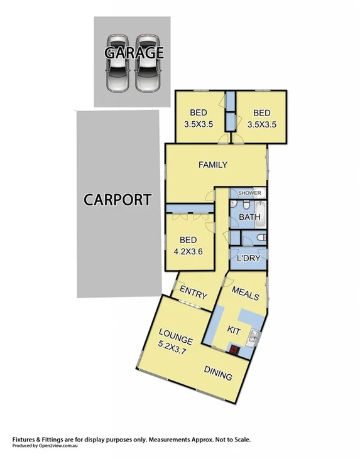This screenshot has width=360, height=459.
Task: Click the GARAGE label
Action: coord(134,53)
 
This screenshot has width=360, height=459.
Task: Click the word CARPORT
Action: coord(117,200)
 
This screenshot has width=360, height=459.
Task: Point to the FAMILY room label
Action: coord(212,165)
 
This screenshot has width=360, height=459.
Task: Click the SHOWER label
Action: coord(249,193)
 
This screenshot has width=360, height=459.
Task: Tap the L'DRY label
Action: coord(248,258)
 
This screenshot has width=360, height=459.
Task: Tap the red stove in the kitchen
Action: coord(235,350)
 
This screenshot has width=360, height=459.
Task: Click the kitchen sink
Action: coord(253,337)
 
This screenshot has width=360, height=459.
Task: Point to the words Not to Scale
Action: coord(229,440)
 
